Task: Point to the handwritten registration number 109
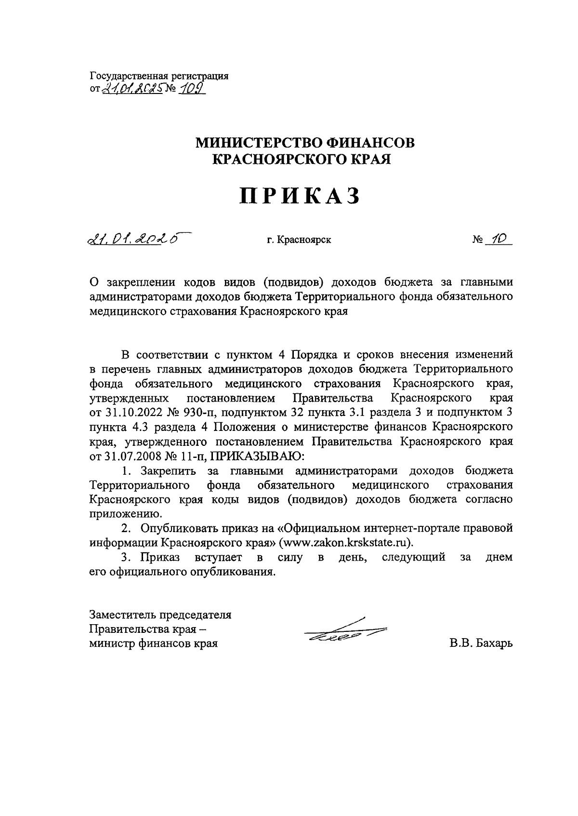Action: point(190,88)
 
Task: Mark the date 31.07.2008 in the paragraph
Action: point(131,455)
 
